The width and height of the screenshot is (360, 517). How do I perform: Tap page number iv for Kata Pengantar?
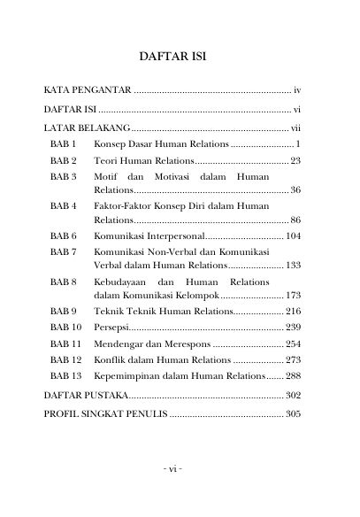[298, 90]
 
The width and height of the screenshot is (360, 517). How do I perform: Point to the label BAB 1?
[64, 143]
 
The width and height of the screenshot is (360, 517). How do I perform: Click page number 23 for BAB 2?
[295, 160]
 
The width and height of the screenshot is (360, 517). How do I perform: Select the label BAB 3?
[64, 177]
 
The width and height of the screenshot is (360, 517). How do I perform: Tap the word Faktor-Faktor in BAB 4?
[125, 206]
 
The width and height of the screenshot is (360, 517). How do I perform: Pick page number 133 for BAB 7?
[294, 266]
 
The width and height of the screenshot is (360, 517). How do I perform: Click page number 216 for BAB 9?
[294, 312]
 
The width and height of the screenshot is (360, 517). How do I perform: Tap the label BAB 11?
[66, 343]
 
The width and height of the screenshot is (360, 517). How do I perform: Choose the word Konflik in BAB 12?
[110, 359]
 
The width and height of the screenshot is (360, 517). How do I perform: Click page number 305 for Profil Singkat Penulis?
[294, 413]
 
